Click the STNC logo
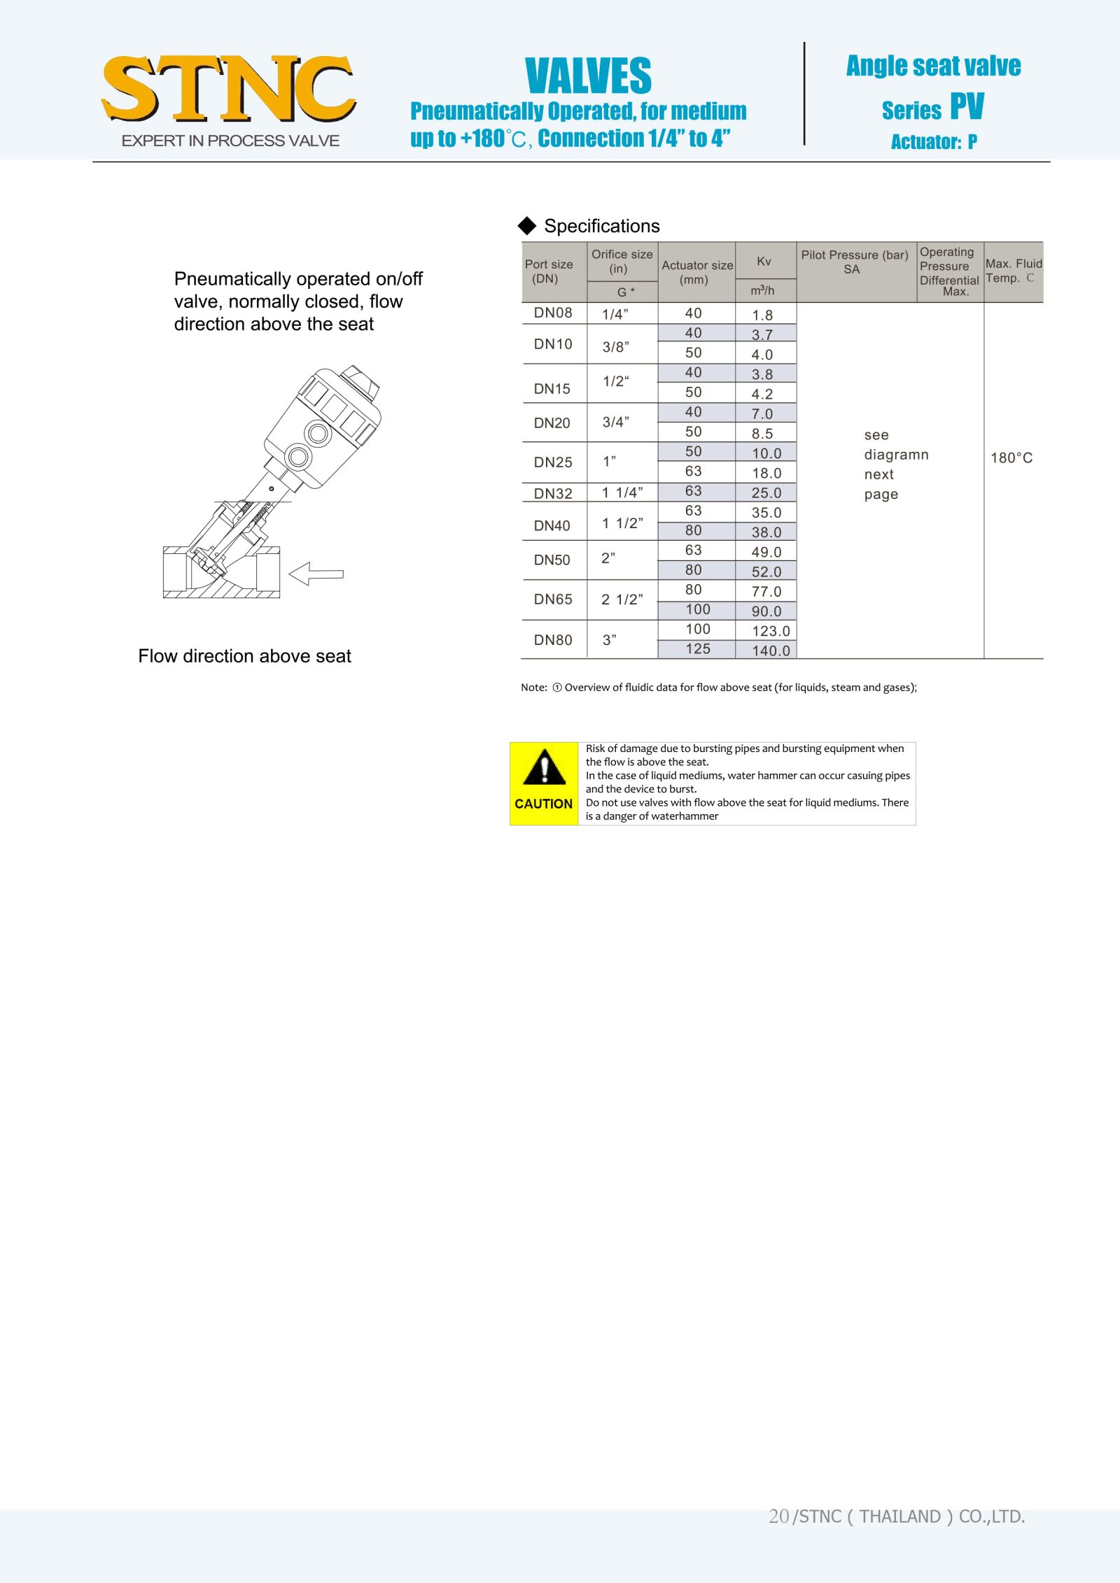pyautogui.click(x=228, y=90)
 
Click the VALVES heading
pyautogui.click(x=588, y=76)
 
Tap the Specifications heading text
pyautogui.click(x=601, y=226)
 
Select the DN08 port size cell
pyautogui.click(x=553, y=313)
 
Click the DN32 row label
pyautogui.click(x=553, y=493)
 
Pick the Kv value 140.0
pyautogui.click(x=771, y=651)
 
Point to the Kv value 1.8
pyautogui.click(x=762, y=315)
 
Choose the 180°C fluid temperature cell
pyautogui.click(x=1011, y=458)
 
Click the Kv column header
pyautogui.click(x=764, y=261)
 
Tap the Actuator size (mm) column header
pyautogui.click(x=696, y=272)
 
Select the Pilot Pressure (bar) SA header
pyautogui.click(x=854, y=262)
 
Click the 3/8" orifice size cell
pyautogui.click(x=615, y=346)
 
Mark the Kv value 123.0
pyautogui.click(x=771, y=631)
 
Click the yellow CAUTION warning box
pyautogui.click(x=544, y=783)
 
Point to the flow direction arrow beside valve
pyautogui.click(x=316, y=574)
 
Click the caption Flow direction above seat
pyautogui.click(x=244, y=656)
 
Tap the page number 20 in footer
pyautogui.click(x=778, y=1516)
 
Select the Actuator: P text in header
pyautogui.click(x=933, y=142)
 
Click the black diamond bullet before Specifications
pyautogui.click(x=526, y=225)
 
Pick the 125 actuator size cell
pyautogui.click(x=697, y=648)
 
